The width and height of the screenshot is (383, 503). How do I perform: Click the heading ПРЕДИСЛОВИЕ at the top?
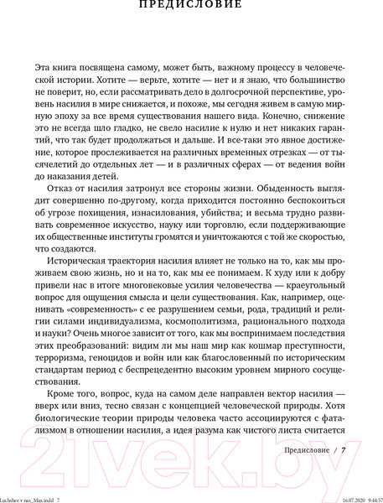[192, 5]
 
